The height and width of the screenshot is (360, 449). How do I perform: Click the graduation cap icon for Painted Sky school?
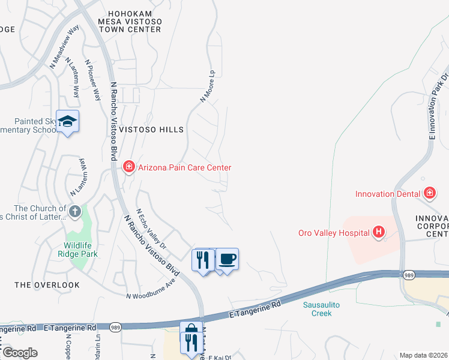pos(68,122)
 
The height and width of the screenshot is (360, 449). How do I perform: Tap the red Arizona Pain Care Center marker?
pos(128,167)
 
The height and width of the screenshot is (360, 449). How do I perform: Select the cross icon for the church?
pos(74,211)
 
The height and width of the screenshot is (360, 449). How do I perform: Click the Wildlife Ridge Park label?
pos(82,249)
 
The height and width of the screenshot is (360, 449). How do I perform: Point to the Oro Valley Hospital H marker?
pos(379,232)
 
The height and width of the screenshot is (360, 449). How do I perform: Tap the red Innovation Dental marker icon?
pos(429,193)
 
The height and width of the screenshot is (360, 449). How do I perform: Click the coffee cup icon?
pos(227,259)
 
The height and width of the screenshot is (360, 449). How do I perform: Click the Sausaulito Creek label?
pos(322,309)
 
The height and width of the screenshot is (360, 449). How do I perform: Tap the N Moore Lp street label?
pos(208,88)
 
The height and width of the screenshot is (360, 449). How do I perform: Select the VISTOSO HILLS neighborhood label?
pos(151,130)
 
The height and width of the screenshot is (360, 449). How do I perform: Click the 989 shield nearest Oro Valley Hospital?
pos(409,275)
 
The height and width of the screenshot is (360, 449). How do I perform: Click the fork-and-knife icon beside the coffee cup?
pos(203,260)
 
